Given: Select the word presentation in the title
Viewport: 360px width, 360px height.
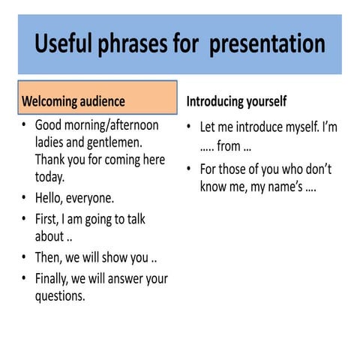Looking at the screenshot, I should click(x=267, y=43).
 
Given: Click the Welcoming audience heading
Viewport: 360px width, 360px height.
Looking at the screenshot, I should click(x=73, y=100).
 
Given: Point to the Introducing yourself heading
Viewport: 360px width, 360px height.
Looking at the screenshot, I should click(x=236, y=100).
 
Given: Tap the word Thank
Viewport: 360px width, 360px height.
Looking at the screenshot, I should click(x=52, y=160).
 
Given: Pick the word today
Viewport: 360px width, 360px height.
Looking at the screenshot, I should click(x=50, y=178).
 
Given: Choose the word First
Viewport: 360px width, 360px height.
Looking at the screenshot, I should click(x=49, y=219).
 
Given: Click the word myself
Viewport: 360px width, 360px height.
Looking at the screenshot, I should click(x=292, y=127).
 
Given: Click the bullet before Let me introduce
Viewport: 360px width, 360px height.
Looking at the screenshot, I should click(x=190, y=127).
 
